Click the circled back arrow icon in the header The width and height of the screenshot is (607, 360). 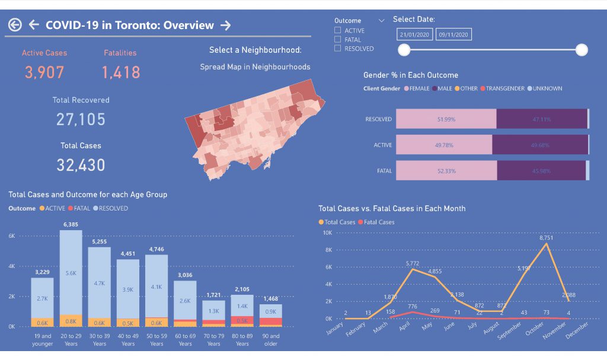(15, 25)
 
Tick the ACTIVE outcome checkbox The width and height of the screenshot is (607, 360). (338, 30)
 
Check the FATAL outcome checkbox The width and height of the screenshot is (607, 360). (338, 39)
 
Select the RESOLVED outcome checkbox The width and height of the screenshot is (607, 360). (338, 48)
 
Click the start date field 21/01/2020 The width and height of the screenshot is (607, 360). (415, 35)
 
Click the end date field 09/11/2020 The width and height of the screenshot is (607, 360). (453, 35)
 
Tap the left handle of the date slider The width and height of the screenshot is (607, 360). (404, 50)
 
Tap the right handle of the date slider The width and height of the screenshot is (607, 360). (582, 50)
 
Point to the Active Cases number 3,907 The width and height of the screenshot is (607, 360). (44, 72)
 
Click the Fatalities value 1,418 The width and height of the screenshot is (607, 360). (121, 72)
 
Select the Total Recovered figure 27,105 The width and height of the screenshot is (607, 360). (81, 119)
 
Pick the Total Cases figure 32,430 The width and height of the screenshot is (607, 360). (81, 165)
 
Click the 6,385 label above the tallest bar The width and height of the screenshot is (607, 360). (71, 224)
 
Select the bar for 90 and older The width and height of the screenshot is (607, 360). (270, 316)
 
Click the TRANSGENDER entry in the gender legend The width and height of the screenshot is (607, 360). (505, 88)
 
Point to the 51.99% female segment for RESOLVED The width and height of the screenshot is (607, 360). (446, 119)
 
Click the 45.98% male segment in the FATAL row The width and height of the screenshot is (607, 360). (541, 171)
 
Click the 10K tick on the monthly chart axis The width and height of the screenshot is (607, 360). (327, 233)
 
